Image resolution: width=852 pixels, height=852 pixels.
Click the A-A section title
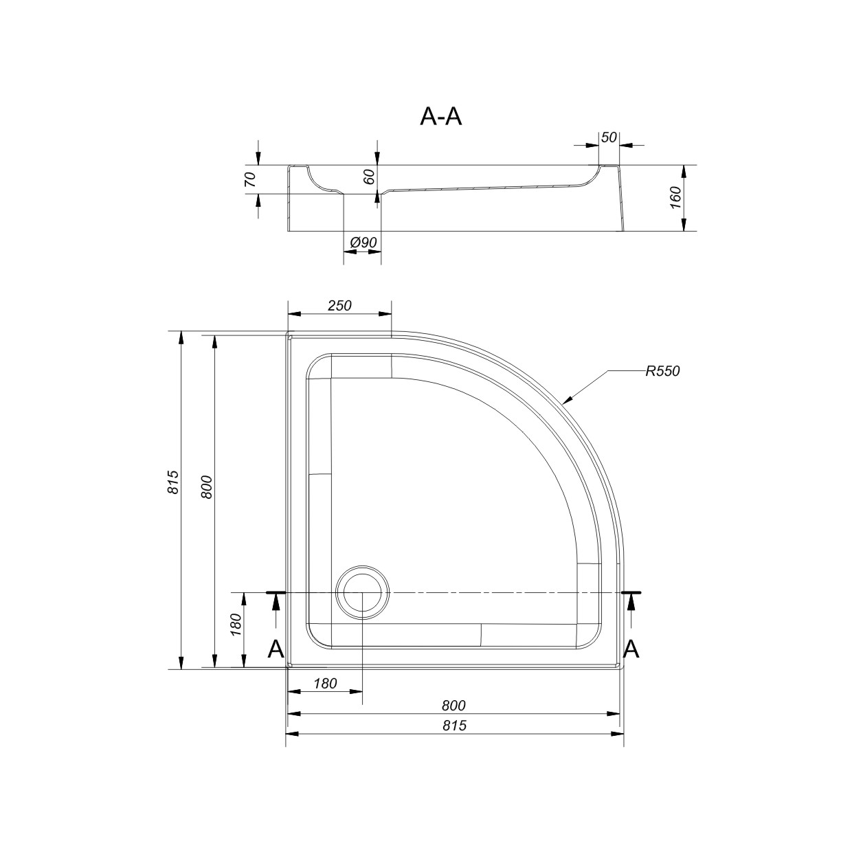(x=440, y=117)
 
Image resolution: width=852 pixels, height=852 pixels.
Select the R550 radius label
(x=662, y=371)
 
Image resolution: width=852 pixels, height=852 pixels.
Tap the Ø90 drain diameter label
(x=363, y=243)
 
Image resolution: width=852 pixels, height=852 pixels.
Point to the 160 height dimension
(x=676, y=198)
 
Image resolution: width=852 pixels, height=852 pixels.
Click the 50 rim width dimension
(x=609, y=137)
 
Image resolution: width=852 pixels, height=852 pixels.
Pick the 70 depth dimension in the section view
(x=250, y=179)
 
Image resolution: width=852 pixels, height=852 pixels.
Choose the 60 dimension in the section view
(x=370, y=177)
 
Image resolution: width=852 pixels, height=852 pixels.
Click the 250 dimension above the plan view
(x=339, y=306)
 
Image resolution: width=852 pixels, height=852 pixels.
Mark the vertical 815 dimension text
(x=173, y=482)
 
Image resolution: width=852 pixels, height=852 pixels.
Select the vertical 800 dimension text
(x=207, y=487)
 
